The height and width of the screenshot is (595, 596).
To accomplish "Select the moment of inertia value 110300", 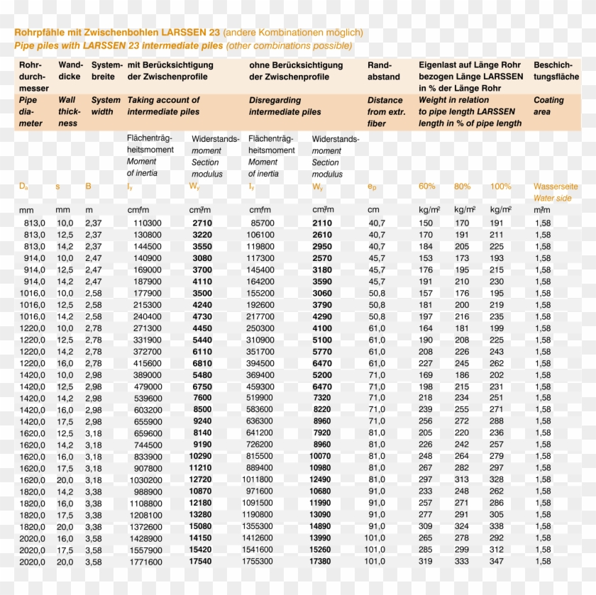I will (x=147, y=223).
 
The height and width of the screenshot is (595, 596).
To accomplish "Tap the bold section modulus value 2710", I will (x=202, y=223).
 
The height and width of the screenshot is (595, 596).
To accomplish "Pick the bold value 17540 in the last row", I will (x=200, y=562).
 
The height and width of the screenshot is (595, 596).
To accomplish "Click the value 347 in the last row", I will (x=497, y=562).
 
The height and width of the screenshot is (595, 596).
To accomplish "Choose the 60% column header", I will (x=427, y=187).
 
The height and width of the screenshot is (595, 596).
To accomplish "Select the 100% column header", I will (x=500, y=187).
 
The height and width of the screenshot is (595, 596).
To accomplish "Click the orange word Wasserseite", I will (x=556, y=187).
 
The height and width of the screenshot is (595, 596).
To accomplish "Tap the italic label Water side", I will (x=552, y=198).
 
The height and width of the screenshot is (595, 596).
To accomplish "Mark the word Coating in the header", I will (x=548, y=100).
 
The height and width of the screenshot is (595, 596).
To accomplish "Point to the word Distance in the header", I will (x=385, y=100).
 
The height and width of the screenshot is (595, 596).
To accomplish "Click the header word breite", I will (x=103, y=77).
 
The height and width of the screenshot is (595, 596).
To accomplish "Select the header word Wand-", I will (x=70, y=65).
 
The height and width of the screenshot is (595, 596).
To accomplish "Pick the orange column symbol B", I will (x=88, y=187).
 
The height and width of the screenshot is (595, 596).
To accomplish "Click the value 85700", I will (x=263, y=223).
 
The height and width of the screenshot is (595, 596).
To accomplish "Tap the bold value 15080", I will (x=200, y=526).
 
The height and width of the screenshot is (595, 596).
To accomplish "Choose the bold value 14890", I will (x=320, y=526).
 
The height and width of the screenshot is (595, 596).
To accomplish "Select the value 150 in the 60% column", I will (x=426, y=223).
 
